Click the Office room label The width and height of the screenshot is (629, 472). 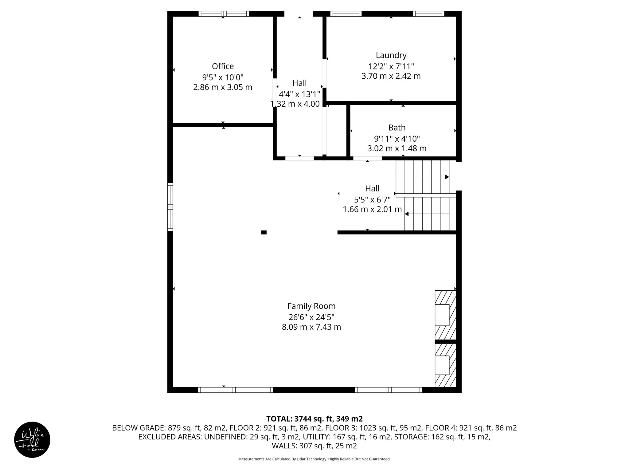coord(223,66)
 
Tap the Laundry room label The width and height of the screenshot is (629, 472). coord(391,55)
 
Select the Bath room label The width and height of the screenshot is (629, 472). coord(397,128)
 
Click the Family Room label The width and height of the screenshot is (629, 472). coord(311,306)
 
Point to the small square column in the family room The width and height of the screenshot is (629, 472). coord(264,232)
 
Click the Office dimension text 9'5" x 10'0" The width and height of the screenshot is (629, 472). coord(223,77)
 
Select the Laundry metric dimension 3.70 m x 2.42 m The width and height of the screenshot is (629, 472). coord(391,76)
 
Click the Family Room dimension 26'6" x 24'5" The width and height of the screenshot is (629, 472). coord(311,317)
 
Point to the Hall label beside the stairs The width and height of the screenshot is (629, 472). coord(372,188)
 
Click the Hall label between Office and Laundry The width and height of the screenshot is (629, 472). coord(299,83)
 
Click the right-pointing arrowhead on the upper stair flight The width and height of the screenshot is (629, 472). coord(447,177)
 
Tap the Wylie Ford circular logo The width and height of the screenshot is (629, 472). coord(32,439)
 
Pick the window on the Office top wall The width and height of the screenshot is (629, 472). coord(224,14)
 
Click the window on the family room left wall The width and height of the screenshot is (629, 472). coord(170,206)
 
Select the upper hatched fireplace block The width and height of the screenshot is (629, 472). coord(445,315)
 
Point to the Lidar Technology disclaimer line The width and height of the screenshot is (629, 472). coord(314,459)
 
